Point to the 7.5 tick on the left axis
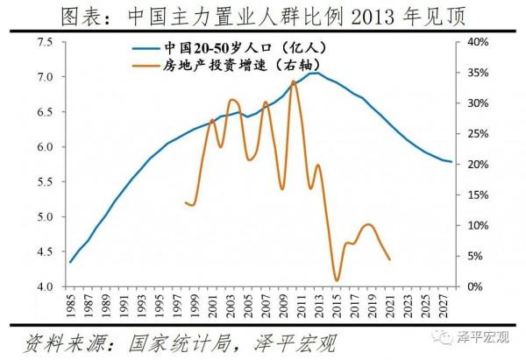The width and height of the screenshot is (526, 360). (44, 42)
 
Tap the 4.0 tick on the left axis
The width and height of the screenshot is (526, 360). (44, 286)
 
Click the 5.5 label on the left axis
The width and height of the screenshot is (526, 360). (44, 181)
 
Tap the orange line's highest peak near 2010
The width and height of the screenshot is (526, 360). (294, 81)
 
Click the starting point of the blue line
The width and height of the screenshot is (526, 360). (70, 262)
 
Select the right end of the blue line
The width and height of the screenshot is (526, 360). (451, 162)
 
